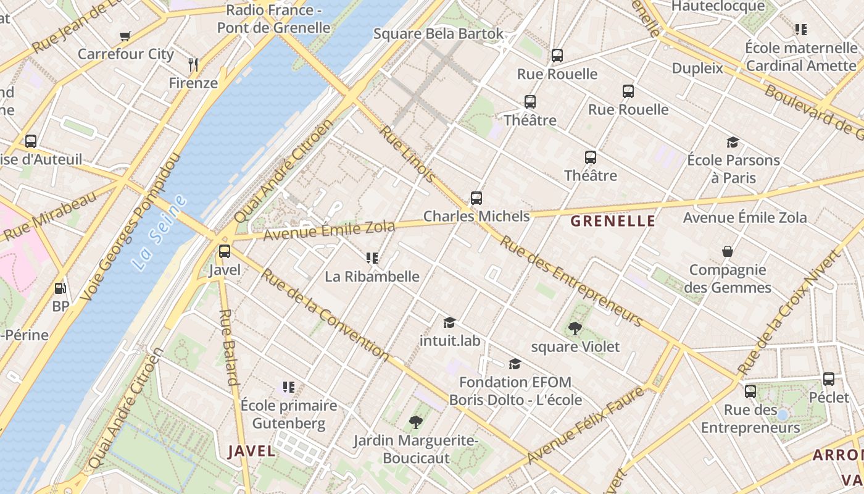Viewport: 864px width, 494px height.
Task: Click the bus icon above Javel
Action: (225, 251)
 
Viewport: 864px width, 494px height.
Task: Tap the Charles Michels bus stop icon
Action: (476, 198)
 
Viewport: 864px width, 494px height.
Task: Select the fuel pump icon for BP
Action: (60, 288)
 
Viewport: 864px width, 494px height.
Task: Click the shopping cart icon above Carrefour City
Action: (125, 36)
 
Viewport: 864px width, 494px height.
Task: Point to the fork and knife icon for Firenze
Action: (193, 64)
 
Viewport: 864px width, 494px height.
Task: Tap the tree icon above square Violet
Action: (575, 329)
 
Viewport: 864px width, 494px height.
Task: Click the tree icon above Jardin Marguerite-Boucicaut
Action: (416, 422)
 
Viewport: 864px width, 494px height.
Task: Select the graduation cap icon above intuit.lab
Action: (449, 322)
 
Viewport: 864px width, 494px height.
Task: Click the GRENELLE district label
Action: (613, 221)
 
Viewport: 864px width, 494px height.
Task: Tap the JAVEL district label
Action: (252, 451)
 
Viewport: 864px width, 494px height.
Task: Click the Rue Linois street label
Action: (408, 154)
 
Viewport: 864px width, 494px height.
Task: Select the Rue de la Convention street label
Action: (325, 315)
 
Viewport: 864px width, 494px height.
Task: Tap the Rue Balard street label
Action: (228, 347)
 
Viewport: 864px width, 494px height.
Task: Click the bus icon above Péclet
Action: (828, 379)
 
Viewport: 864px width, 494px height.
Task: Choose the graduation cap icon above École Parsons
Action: (733, 142)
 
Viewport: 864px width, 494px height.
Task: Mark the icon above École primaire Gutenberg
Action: (288, 387)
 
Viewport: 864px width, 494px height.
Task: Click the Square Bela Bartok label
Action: (439, 33)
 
